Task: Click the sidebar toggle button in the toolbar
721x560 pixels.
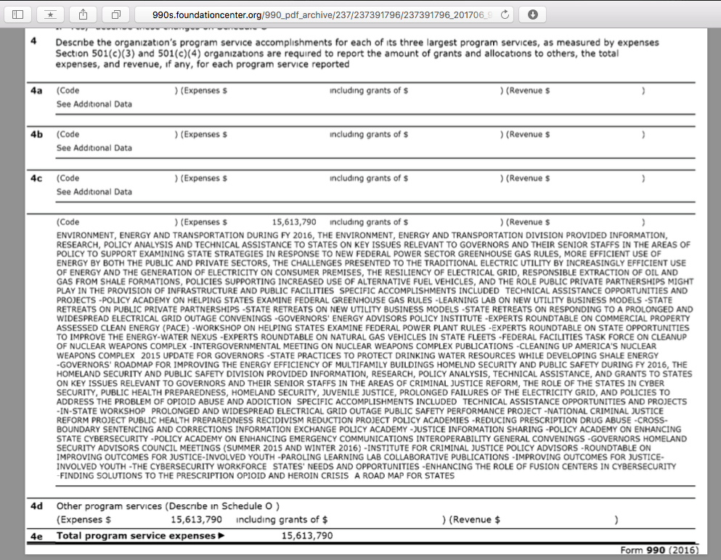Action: (x=18, y=14)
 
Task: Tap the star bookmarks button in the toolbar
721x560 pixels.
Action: (x=50, y=14)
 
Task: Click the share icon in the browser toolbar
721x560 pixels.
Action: (x=82, y=14)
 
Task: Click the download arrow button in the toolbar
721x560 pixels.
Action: (x=532, y=14)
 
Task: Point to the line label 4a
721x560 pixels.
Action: (x=36, y=91)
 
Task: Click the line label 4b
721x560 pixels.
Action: (x=36, y=135)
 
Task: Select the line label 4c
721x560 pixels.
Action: (x=36, y=178)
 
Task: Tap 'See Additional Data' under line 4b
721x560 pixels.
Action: (x=94, y=148)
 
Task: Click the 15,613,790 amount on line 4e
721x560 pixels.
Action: (x=306, y=536)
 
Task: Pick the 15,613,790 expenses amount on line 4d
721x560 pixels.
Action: (x=196, y=520)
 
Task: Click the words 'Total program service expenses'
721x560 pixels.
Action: (x=137, y=536)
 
